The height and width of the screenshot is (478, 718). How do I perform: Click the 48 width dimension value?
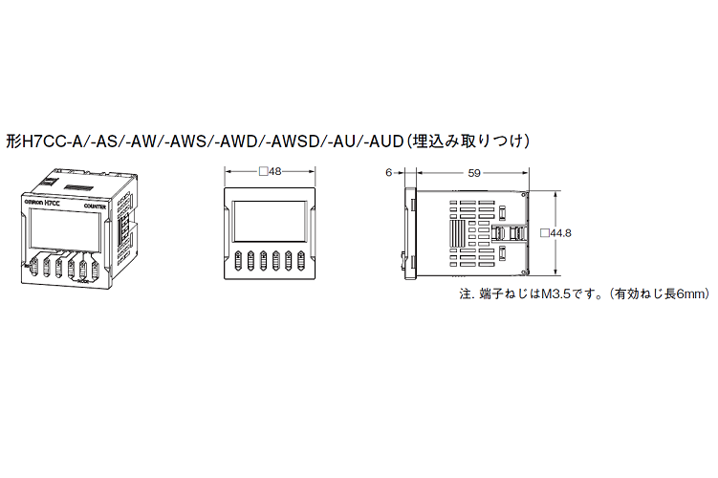(x=274, y=173)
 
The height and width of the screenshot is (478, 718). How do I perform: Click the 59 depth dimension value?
(x=474, y=173)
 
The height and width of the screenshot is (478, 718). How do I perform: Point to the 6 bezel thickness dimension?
(x=389, y=173)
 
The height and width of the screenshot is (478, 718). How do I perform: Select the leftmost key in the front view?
(x=236, y=262)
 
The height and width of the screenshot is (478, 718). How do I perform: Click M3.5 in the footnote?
(x=556, y=294)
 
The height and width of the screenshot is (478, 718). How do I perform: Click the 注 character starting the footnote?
(x=466, y=294)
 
